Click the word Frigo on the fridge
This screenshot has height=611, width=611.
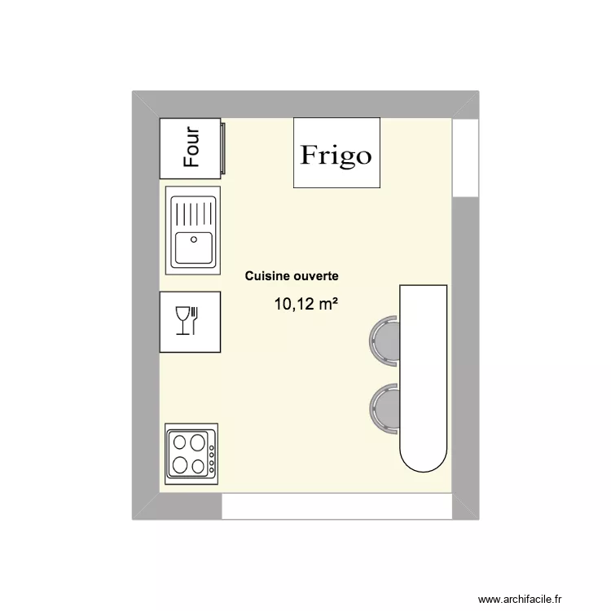tap(336, 155)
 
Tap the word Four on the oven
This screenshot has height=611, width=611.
tap(191, 147)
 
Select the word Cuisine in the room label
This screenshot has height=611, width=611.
tap(265, 277)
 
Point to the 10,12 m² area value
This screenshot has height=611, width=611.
tap(305, 305)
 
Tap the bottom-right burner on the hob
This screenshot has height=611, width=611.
tap(197, 466)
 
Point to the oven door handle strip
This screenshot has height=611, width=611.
tap(221, 147)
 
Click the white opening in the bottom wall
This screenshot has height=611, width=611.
tap(336, 507)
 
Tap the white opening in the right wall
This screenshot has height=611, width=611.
tap(464, 158)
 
